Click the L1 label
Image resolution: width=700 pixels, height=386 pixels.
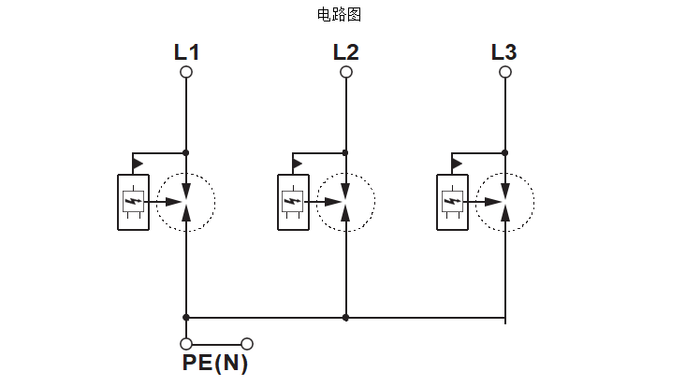(x=186, y=51)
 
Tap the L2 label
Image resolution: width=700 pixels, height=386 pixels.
(x=345, y=51)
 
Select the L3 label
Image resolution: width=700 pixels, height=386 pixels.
(x=504, y=51)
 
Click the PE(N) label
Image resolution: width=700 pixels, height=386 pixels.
(x=215, y=364)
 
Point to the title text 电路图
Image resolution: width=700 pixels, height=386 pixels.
(x=340, y=14)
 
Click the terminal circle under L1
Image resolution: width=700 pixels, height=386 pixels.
(x=186, y=72)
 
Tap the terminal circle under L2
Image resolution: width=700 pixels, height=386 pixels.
(x=346, y=72)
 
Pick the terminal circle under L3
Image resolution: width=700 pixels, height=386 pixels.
(x=505, y=72)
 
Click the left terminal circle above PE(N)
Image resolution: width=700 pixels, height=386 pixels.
(x=186, y=344)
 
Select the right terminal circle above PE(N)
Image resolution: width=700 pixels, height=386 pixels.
(x=247, y=344)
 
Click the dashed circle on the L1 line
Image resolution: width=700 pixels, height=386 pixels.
(x=186, y=201)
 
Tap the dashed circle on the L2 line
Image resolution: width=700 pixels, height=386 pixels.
(x=346, y=201)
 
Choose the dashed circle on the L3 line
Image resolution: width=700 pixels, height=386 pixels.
(x=505, y=201)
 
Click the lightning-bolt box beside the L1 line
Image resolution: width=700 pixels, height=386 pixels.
(x=133, y=201)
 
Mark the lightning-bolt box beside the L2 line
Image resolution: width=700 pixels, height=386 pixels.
(x=293, y=201)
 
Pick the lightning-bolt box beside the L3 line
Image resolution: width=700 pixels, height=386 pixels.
(x=452, y=201)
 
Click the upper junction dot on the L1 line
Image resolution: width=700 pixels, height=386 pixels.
(x=186, y=152)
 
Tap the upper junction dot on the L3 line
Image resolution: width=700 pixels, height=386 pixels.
(x=505, y=152)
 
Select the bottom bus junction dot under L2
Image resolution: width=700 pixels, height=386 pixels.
(x=346, y=318)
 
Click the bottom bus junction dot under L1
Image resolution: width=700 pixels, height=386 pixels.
(x=186, y=318)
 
